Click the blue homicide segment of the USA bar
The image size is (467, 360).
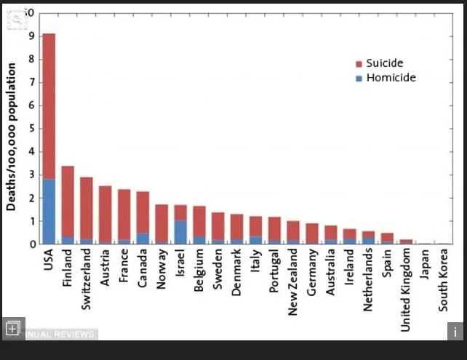49,211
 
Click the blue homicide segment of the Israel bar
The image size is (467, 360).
180,232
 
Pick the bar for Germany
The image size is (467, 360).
312,233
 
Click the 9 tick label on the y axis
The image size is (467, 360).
32,35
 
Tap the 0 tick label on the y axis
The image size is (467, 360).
32,244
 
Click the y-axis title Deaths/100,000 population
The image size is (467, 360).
12,137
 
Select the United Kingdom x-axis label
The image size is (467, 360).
406,290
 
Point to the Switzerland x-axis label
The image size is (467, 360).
87,280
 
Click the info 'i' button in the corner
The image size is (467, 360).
455,331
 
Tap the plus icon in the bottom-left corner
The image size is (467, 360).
12,329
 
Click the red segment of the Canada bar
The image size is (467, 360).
143,212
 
